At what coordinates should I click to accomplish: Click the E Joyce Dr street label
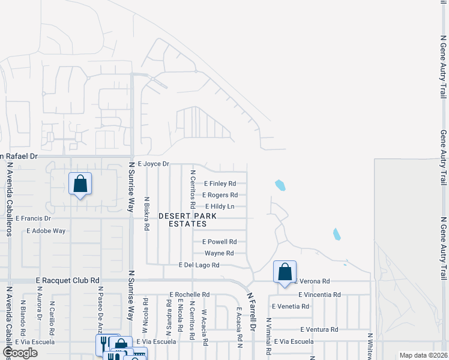point(154,163)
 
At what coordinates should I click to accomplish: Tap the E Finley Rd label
point(220,184)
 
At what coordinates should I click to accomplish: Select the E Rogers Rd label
point(220,195)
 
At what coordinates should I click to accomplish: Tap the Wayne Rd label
point(219,253)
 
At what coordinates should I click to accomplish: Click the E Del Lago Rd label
point(199,265)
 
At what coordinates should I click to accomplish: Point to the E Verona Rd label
point(312,281)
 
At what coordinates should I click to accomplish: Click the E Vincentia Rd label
point(319,295)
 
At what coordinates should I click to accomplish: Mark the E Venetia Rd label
point(291,306)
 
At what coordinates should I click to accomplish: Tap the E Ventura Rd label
point(319,329)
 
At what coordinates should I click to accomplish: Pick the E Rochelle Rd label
point(189,295)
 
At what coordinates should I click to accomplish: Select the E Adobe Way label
point(46,230)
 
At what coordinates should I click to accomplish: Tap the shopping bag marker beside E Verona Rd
point(285,271)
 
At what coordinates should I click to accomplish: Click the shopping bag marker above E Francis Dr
point(80,185)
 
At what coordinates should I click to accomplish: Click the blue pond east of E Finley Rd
point(280,185)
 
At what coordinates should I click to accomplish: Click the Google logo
point(20,353)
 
